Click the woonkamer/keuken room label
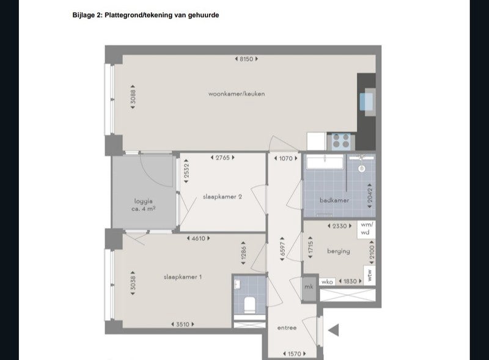click(236, 94)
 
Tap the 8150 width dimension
click(246, 59)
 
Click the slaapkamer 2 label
click(222, 197)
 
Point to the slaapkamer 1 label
click(183, 277)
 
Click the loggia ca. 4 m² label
click(144, 204)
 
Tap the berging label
click(338, 251)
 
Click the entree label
click(287, 328)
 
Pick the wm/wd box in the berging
click(366, 229)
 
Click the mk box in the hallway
click(309, 286)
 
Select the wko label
click(326, 282)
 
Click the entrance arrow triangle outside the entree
click(333, 330)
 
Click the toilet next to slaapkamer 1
click(249, 303)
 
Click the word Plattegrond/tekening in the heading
click(138, 15)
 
